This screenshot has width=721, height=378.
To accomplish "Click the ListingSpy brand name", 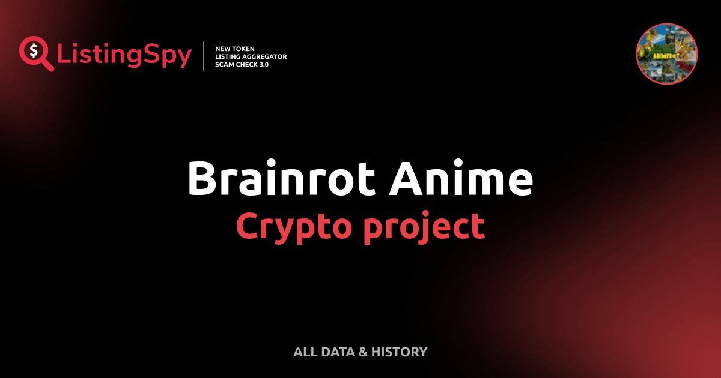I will pos(124,56).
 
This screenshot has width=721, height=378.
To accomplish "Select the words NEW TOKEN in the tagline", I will pos(235,48).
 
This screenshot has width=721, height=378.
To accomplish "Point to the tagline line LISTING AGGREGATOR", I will pos(251,56).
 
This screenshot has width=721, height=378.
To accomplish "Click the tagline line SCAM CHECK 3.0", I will pos(242,64).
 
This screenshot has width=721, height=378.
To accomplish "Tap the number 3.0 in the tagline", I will pos(263,64).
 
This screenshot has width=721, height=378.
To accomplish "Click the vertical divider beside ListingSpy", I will pos(204,56).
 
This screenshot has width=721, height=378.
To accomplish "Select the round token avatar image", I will pos(666,54).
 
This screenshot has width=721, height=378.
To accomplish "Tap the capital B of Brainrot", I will pos(202,178).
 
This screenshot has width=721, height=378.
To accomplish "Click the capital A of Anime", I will pos(401,178).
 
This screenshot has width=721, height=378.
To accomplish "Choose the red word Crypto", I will pos(289,227).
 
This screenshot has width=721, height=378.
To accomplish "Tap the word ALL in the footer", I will pos(305,352).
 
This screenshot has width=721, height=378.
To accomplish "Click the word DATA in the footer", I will pos(336,352).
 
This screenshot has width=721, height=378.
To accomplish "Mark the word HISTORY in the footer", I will pos(399,352).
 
